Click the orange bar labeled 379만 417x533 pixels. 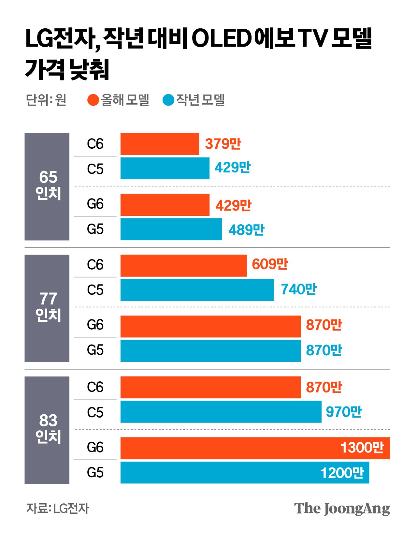click(x=160, y=144)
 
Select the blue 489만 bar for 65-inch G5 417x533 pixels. click(x=171, y=229)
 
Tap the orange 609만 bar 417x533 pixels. click(x=183, y=265)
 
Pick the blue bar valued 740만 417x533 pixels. click(x=197, y=290)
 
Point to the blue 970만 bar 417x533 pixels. click(x=221, y=412)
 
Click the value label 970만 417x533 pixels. click(x=344, y=412)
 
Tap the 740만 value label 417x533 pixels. click(x=299, y=289)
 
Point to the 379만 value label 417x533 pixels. click(x=223, y=144)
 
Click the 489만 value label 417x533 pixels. click(x=247, y=230)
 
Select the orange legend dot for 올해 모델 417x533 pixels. click(x=93, y=100)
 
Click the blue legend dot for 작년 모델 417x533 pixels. click(x=168, y=100)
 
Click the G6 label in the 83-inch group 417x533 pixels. click(x=95, y=447)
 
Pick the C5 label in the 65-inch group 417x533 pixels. click(x=95, y=169)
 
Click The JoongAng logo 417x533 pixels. click(x=342, y=509)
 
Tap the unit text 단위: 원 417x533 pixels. click(x=46, y=100)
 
